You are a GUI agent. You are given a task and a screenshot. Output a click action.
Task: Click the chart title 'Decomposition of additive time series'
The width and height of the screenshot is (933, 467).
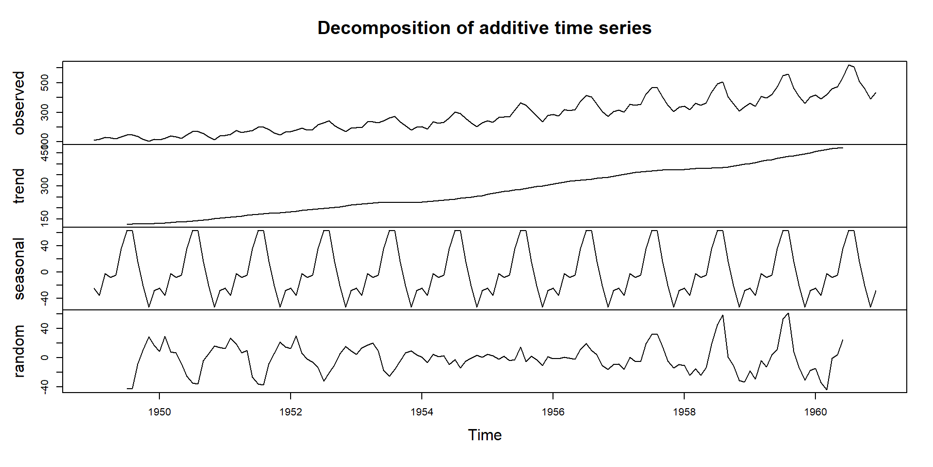[x=484, y=28]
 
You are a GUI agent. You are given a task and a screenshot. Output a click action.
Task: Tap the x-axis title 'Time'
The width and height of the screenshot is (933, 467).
[x=484, y=435]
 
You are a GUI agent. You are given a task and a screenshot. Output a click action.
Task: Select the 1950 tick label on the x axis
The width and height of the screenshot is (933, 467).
[x=159, y=412]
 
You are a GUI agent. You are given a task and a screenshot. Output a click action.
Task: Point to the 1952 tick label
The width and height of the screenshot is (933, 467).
[x=291, y=412]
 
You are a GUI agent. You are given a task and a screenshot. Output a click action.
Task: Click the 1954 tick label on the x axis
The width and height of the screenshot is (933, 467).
[x=422, y=412]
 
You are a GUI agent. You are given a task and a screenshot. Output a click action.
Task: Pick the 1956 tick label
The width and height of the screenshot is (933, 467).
[x=553, y=412]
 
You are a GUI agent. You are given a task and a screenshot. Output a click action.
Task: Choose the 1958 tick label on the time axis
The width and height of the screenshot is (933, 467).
[x=684, y=412]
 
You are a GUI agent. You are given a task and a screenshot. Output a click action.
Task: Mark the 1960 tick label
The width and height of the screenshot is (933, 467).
[x=815, y=412]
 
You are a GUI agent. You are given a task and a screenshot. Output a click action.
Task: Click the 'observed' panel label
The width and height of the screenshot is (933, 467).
[x=19, y=103]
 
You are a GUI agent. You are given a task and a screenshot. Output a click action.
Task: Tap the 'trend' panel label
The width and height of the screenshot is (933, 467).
[x=19, y=186]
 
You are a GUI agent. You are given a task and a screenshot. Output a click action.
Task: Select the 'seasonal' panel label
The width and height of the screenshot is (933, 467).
[x=19, y=269]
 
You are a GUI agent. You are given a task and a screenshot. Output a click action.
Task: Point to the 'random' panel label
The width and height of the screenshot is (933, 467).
[x=19, y=351]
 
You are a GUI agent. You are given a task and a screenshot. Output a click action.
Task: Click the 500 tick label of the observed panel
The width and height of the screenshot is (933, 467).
[x=45, y=83]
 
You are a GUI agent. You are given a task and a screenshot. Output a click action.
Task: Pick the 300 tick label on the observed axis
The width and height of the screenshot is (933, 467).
[x=45, y=112]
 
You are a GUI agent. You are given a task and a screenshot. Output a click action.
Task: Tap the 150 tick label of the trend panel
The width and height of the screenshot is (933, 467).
[x=45, y=219]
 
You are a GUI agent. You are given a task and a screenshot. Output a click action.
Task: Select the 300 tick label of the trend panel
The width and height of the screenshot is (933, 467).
[x=45, y=186]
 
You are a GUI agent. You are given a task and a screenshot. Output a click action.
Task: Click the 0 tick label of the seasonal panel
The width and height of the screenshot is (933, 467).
[x=45, y=272]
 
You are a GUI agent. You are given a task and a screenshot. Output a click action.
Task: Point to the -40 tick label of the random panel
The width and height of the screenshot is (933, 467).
[x=45, y=387]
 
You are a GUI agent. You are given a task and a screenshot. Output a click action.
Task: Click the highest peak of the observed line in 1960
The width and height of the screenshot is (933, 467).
[x=848, y=65]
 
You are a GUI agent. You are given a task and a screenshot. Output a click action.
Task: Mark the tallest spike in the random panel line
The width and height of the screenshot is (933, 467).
[x=788, y=313]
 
